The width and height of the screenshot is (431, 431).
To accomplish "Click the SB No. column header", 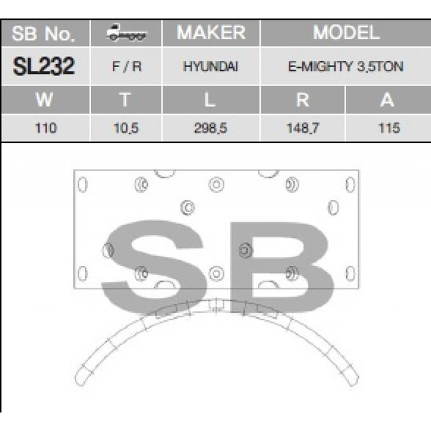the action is [x=45, y=34].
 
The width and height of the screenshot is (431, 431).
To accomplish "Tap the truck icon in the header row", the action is [x=127, y=32].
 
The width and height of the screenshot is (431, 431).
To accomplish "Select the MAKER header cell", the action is [x=211, y=33].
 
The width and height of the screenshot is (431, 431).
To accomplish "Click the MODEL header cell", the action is [x=346, y=33].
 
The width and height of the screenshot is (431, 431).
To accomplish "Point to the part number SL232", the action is [x=44, y=66].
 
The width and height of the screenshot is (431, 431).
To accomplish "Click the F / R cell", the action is [x=127, y=66].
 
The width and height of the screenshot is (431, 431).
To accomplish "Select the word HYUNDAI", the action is [x=211, y=66].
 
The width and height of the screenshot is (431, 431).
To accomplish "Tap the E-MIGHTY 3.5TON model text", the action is [x=345, y=66].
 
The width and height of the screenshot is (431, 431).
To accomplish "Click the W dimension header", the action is [x=44, y=99].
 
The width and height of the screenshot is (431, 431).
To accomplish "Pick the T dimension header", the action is [x=125, y=99].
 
